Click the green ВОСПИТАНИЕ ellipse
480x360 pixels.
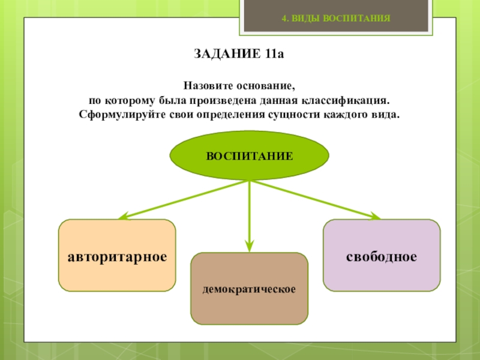point(250,156)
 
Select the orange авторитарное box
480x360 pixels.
point(117,256)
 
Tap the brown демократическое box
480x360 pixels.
point(249,289)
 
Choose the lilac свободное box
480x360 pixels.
point(381,256)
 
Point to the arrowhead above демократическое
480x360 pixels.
point(250,245)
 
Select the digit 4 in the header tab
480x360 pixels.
point(285,19)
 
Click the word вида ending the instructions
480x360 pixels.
point(385,113)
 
